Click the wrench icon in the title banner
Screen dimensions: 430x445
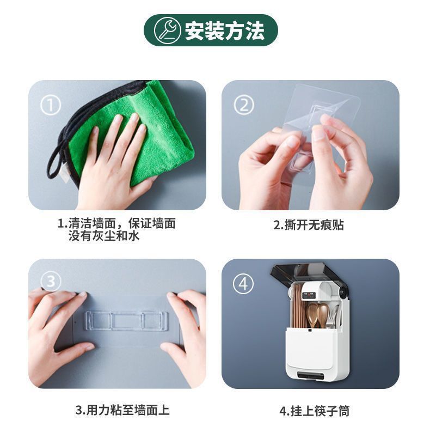(167, 30)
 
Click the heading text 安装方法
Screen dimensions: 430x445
(225, 31)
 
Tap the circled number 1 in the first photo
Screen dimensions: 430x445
(50, 105)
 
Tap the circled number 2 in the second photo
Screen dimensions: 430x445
(243, 105)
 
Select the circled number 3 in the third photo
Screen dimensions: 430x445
(51, 281)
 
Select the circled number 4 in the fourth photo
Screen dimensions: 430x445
(243, 284)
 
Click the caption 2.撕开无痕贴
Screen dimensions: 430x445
(308, 225)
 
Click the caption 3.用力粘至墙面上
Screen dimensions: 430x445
(122, 410)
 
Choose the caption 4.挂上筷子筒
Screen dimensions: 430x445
(314, 411)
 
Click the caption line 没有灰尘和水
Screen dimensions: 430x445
(104, 236)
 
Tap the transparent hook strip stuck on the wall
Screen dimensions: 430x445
(126, 321)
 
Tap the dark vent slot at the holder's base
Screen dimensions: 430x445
(311, 375)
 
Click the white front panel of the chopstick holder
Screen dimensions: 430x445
(314, 349)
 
